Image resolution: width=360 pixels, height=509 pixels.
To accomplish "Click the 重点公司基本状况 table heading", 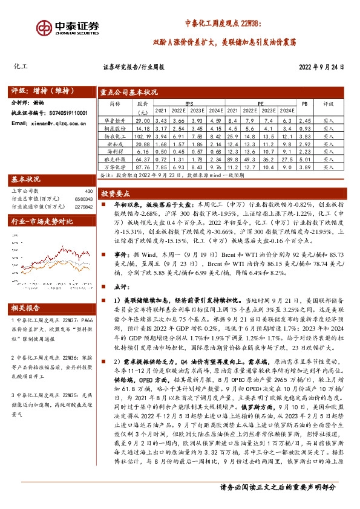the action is click(129, 92).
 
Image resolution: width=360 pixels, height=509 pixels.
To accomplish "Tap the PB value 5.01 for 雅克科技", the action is click(304, 159).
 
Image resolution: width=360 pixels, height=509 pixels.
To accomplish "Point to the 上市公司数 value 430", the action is click(89, 191).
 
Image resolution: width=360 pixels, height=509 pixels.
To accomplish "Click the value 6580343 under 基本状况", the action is click(83, 198).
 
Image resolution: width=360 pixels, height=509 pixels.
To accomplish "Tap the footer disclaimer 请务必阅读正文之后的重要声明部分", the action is click(279, 488).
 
